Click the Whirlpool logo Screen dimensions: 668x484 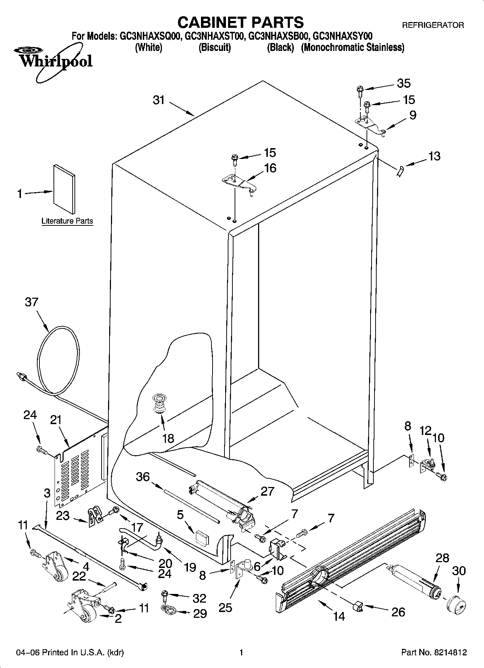[54, 60]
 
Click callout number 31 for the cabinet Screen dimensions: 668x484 [159, 100]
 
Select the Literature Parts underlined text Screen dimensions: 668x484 [67, 221]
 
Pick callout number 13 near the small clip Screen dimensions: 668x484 [434, 156]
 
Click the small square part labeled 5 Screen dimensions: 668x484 [201, 538]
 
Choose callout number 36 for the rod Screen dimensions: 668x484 [143, 477]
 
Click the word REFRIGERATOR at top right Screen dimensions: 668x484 [433, 25]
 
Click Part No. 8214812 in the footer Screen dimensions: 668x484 [434, 652]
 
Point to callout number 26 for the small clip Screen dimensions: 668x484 [398, 612]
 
